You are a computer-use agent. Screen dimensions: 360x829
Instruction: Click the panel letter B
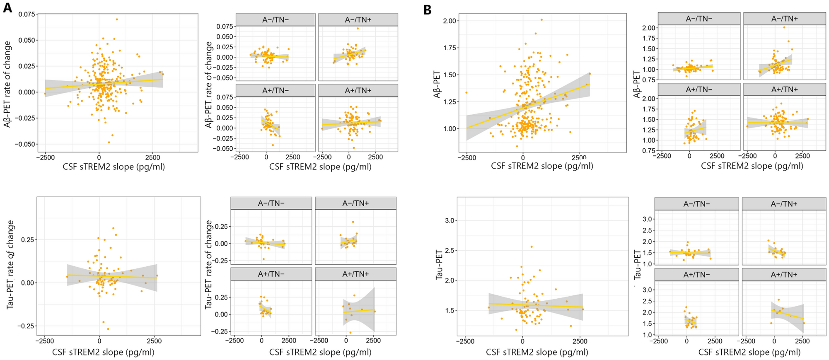[428, 10]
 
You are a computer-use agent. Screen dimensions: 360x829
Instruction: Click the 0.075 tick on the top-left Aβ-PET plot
[26, 14]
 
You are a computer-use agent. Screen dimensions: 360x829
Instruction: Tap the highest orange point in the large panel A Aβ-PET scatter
[117, 19]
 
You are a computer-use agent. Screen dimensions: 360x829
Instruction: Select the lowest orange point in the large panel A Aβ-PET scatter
[109, 143]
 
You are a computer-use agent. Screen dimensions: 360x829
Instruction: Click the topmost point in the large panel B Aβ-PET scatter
[541, 19]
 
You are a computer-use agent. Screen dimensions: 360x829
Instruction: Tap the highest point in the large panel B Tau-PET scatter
[532, 247]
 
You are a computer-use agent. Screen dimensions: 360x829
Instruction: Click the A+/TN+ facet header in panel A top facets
[358, 90]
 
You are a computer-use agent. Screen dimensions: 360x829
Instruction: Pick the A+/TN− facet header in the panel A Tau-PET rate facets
[271, 274]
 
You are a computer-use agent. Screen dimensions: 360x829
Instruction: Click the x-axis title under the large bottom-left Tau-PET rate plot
[103, 352]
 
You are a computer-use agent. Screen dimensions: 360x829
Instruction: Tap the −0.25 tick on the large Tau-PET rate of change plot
[26, 326]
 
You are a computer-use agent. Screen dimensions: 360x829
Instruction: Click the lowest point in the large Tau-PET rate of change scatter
[108, 329]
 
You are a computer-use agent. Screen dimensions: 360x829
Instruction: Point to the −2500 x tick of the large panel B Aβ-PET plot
[466, 157]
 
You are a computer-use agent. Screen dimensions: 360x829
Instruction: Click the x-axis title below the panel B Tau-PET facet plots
[749, 352]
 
